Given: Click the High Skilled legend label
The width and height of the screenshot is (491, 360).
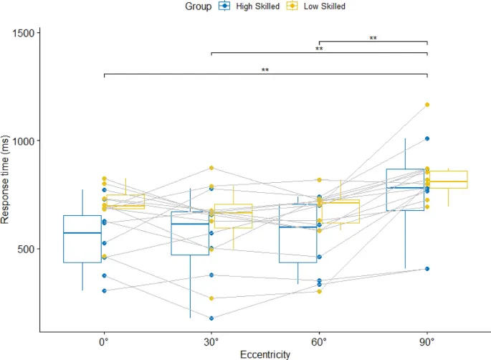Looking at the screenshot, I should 256,6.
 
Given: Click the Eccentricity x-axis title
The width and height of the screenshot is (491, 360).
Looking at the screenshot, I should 265,353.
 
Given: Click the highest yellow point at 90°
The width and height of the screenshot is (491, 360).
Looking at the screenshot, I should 427,105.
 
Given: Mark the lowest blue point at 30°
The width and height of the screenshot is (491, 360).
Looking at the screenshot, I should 211,318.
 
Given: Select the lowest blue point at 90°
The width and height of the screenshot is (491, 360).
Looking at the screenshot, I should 427,269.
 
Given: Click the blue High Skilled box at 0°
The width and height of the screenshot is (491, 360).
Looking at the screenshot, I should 82,239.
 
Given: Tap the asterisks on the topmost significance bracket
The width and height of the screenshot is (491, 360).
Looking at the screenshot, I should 373,38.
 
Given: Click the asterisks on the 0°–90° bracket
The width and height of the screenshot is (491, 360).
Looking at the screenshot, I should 265,70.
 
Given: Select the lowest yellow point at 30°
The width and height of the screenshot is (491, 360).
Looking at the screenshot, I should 211,298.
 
